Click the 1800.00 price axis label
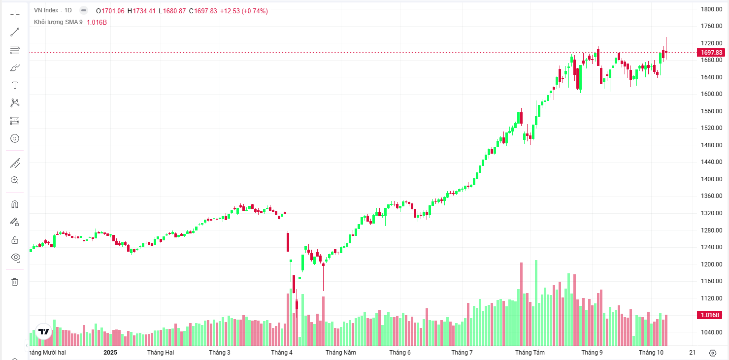tap(711, 9)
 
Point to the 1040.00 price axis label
tap(711, 332)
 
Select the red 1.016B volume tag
tap(709, 315)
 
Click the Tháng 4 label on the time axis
tap(281, 352)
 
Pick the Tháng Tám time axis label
tap(530, 352)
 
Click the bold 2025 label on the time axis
tap(110, 352)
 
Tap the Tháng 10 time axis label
tap(651, 352)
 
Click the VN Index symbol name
tap(46, 10)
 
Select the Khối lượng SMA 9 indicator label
tap(58, 22)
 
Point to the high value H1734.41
tap(142, 11)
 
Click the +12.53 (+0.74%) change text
tap(244, 11)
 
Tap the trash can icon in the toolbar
tap(15, 282)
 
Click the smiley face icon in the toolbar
tap(15, 138)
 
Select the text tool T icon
tap(15, 85)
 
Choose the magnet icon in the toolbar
tap(15, 204)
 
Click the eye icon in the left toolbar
tap(15, 257)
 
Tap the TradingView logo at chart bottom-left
tap(44, 331)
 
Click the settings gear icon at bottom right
tap(712, 353)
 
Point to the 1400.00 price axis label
tap(711, 179)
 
